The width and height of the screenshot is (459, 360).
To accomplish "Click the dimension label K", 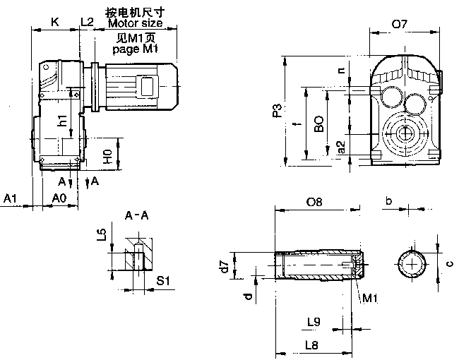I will pos(54,22).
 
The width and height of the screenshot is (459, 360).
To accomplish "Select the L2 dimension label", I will pos(87,22).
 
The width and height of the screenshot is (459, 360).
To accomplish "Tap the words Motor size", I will pos(135,23).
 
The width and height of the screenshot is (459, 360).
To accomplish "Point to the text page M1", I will pos(136,50).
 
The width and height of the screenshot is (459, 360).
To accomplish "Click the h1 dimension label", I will pos(63,121).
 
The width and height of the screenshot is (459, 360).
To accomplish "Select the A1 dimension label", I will pos(11,199).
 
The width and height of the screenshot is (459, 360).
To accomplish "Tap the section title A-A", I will pos(136,215).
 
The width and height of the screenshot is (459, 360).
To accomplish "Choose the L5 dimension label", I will pos(102,234).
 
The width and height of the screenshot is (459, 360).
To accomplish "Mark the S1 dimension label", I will pos(163,280).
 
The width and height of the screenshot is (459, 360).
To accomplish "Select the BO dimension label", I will pos(319,126).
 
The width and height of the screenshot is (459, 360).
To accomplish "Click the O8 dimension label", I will pos(314,202).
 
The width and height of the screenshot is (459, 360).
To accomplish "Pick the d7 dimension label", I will pos(225,266).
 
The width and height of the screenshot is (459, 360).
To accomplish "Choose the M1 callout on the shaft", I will pos(371,298).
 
